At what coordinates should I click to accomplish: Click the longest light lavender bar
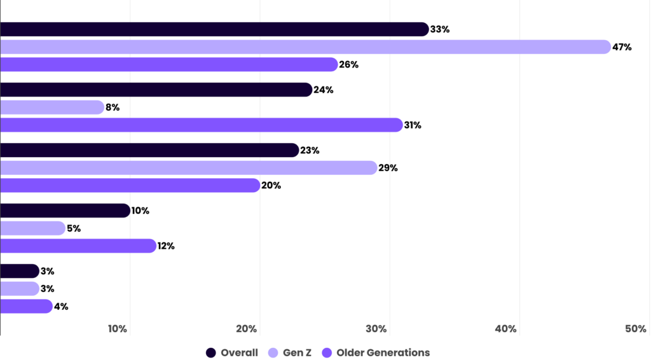(x=305, y=47)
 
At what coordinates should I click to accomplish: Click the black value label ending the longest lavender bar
(x=631, y=49)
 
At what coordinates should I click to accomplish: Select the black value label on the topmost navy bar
(x=474, y=31)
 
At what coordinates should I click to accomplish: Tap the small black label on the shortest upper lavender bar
(x=118, y=109)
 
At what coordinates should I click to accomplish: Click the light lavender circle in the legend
(x=275, y=352)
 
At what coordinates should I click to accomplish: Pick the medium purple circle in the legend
(x=329, y=352)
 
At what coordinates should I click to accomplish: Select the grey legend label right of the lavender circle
(x=302, y=352)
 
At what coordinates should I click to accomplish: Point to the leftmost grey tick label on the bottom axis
(x=118, y=329)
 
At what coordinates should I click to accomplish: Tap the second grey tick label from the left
(x=248, y=329)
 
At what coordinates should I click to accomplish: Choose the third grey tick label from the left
(x=377, y=329)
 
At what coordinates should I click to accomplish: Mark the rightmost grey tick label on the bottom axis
(x=506, y=329)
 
